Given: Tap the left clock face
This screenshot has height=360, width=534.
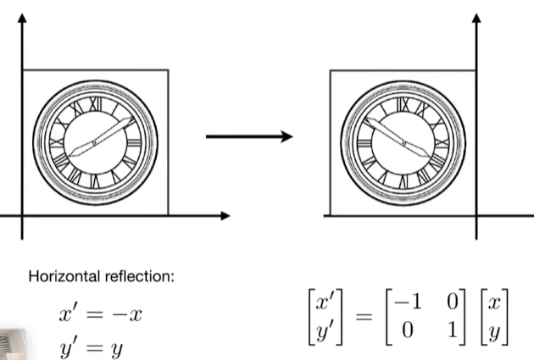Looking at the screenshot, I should (94, 141).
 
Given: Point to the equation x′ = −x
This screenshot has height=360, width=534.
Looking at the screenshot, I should (100, 315).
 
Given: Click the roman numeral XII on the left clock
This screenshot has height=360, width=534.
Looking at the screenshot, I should (92, 106).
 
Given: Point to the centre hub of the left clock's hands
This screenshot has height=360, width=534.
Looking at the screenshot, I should (94, 141).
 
